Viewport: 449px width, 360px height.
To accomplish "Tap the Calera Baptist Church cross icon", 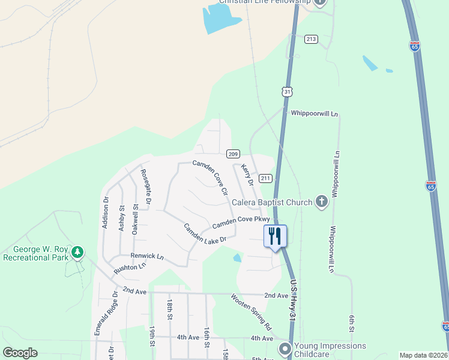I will (x=322, y=202).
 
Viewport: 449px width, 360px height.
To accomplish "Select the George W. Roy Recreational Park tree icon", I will (x=77, y=253).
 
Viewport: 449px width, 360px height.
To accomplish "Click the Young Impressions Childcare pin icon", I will (x=284, y=348).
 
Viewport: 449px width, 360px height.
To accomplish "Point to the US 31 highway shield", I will (x=288, y=92).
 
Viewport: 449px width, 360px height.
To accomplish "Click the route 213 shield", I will (x=310, y=39).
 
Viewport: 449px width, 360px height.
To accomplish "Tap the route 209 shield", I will (x=234, y=154).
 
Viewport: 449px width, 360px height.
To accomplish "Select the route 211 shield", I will (x=266, y=178).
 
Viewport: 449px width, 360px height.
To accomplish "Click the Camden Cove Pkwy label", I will (x=237, y=221).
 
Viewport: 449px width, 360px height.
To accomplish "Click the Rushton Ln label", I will (x=130, y=267).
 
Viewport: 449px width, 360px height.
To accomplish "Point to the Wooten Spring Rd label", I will (x=252, y=311).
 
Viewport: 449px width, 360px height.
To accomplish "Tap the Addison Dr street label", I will (x=105, y=213).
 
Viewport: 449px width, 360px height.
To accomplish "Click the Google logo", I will (x=20, y=352).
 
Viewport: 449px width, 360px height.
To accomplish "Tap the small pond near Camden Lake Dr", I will (x=238, y=258).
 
